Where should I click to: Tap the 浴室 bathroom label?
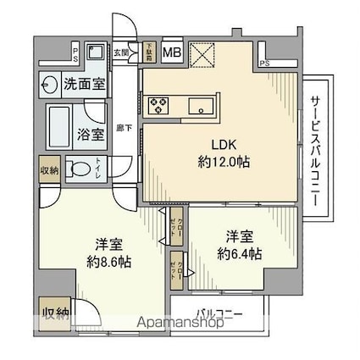click(91, 133)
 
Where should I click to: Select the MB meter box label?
click(172, 52)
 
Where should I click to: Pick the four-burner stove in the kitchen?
click(159, 105)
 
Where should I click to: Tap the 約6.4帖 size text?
click(237, 252)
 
